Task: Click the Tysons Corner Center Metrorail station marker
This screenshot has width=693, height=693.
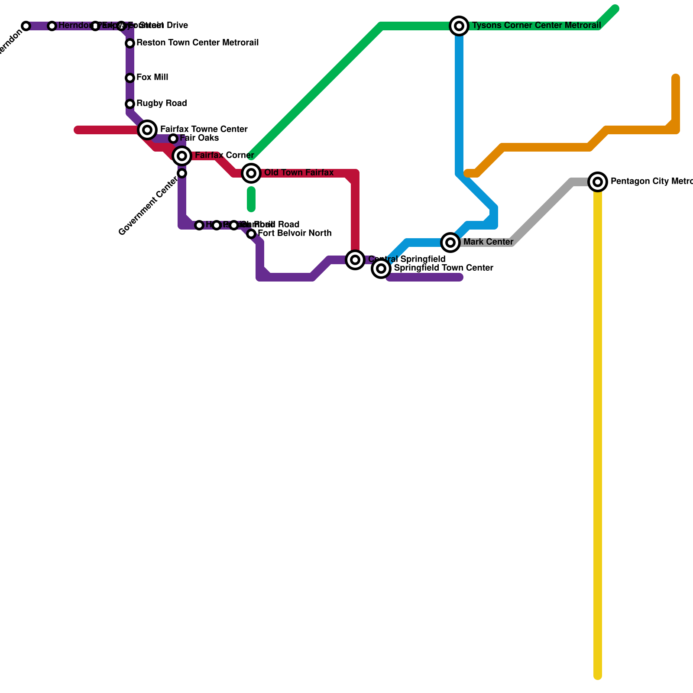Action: pos(459,26)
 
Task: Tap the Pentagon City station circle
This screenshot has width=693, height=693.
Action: pos(598,182)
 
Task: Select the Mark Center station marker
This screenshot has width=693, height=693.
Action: pos(450,243)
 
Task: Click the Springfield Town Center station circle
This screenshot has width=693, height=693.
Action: pos(381,269)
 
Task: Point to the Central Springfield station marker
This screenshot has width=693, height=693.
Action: pos(355,260)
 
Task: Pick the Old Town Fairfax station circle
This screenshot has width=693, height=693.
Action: pos(251,173)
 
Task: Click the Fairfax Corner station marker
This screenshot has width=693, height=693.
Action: pos(182,156)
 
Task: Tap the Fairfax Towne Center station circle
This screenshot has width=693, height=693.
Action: pos(147,130)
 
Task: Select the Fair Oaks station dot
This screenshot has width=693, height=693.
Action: pos(173,139)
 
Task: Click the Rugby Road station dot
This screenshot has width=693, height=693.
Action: pos(130,104)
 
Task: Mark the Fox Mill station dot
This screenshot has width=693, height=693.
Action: pos(130,78)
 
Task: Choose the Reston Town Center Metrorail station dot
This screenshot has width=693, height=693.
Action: pos(130,43)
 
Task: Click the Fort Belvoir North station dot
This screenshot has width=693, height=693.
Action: pos(251,234)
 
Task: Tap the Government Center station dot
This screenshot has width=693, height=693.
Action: pos(182,173)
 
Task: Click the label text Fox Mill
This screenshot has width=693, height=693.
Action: pos(152,78)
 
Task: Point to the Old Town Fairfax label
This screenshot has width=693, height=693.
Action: pos(299,173)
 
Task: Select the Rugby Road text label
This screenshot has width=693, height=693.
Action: pos(162,104)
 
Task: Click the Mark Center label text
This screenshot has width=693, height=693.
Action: pos(488,242)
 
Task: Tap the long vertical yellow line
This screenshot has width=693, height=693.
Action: pos(598,433)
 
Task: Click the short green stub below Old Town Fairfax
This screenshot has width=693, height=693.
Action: pos(251,199)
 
